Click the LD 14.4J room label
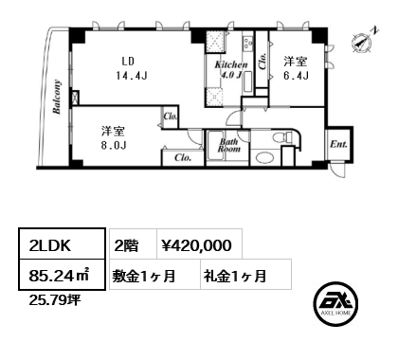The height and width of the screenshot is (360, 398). [131, 68]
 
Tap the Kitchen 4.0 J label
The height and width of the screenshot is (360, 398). [231, 69]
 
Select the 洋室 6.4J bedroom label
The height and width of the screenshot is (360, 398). [296, 68]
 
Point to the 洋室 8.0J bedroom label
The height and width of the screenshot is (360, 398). [114, 137]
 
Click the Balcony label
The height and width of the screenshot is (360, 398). [57, 97]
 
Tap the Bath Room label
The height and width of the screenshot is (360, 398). [228, 145]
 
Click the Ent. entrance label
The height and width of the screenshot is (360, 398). [338, 144]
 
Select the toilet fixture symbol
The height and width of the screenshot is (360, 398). [283, 137]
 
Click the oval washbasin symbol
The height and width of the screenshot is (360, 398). [264, 158]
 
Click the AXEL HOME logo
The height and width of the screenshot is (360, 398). [335, 303]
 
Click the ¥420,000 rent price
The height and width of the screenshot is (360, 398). [196, 245]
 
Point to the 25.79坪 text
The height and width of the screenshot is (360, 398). [55, 299]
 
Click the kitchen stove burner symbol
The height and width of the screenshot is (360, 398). [247, 44]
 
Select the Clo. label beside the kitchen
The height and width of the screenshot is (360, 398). [262, 61]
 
